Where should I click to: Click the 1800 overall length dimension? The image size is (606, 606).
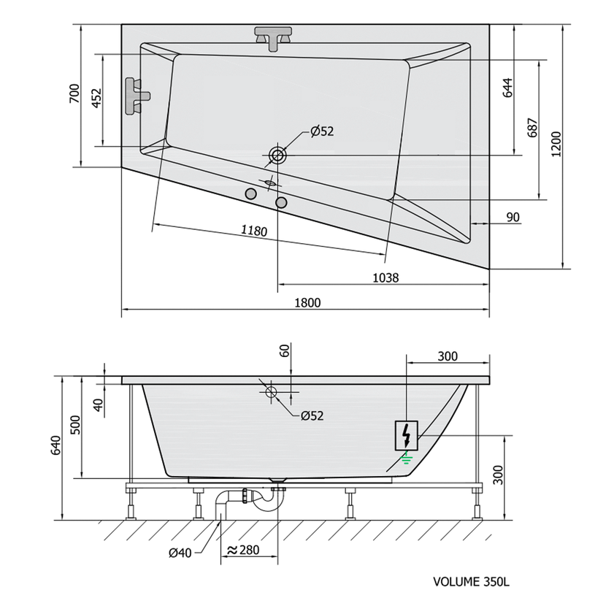(307, 302)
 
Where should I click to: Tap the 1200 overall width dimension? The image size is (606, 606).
(556, 144)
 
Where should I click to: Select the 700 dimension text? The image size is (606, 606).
(74, 93)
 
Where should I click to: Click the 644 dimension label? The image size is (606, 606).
(508, 88)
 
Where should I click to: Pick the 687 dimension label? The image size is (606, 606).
(532, 128)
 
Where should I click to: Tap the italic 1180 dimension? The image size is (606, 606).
(254, 230)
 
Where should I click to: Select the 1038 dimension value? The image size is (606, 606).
(386, 277)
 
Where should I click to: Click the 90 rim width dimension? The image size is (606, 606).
(513, 217)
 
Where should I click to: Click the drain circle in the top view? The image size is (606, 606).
(277, 156)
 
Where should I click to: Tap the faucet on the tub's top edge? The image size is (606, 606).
(273, 38)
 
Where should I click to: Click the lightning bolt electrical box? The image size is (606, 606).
(406, 436)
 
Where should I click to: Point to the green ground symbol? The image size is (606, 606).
(406, 459)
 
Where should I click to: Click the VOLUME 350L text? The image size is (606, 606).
(471, 582)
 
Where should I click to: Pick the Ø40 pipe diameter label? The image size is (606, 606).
(180, 553)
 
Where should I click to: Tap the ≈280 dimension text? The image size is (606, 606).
(243, 550)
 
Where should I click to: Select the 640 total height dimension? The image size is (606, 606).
(56, 445)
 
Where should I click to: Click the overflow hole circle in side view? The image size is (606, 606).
(271, 392)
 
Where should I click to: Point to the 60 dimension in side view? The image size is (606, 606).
(284, 350)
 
